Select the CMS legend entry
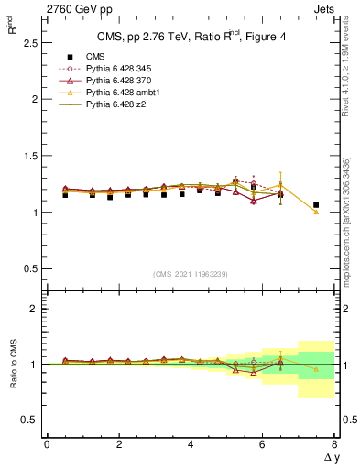(96, 55)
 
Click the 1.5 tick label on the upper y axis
(27, 156)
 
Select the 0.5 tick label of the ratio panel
(27, 420)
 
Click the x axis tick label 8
(333, 445)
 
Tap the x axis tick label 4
(191, 445)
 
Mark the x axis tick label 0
(47, 445)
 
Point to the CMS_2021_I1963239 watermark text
(191, 274)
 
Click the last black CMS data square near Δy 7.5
(316, 205)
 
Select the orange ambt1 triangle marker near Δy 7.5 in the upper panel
(316, 212)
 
